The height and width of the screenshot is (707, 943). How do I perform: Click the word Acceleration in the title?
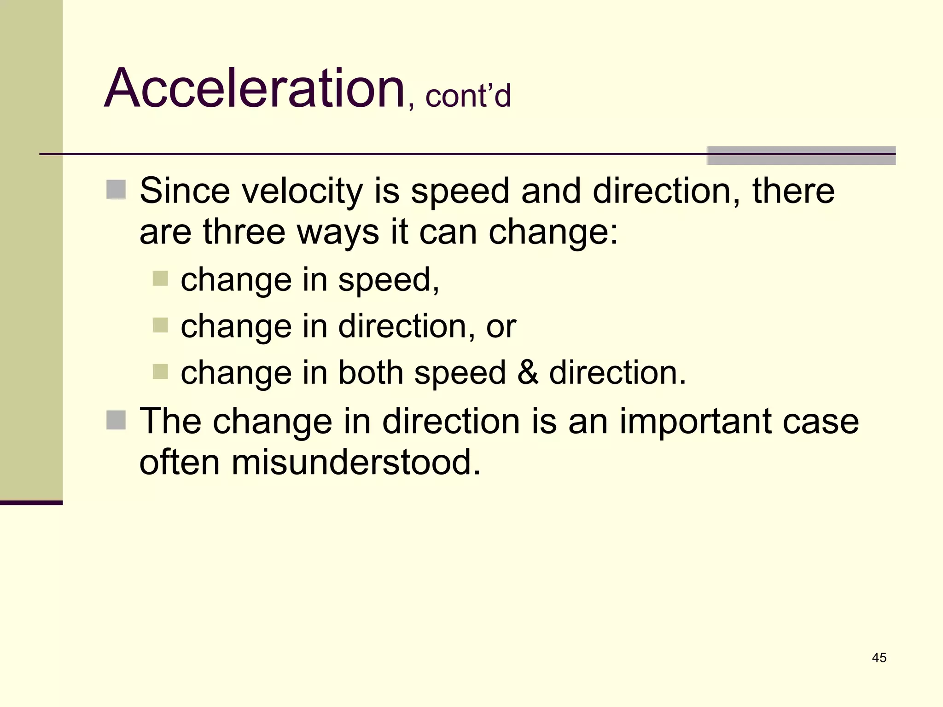click(x=254, y=88)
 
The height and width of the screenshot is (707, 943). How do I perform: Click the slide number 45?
click(x=879, y=658)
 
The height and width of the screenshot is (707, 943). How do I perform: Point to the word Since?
click(x=185, y=191)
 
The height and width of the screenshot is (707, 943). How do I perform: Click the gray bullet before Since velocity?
click(x=116, y=190)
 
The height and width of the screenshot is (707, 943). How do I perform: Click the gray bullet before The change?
click(x=116, y=420)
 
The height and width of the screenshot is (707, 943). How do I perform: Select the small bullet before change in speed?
click(x=160, y=278)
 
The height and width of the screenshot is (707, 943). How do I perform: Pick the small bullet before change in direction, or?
click(x=160, y=325)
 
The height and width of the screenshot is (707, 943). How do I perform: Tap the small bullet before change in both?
click(x=160, y=371)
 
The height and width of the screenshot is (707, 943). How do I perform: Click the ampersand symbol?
click(x=528, y=372)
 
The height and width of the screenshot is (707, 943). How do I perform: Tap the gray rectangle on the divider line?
click(x=801, y=156)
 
